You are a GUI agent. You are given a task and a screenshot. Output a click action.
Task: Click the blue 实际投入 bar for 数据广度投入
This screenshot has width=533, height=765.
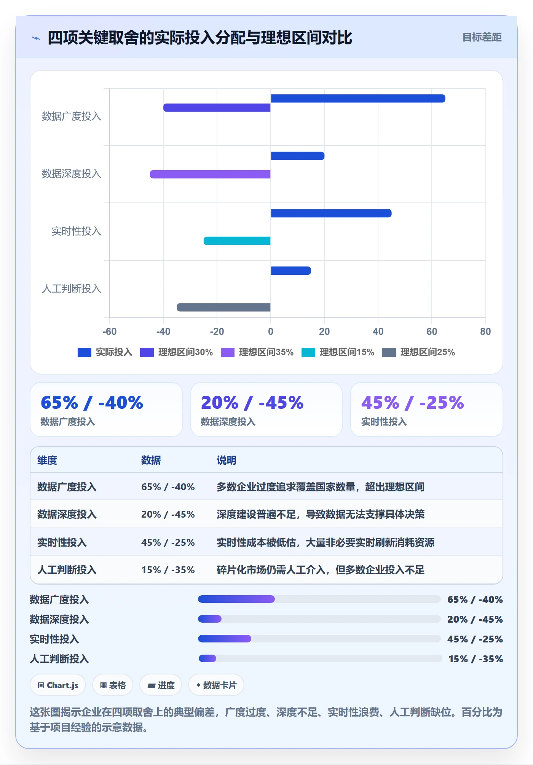tap(358, 99)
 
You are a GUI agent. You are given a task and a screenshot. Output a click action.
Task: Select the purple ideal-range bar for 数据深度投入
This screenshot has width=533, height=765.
tap(210, 174)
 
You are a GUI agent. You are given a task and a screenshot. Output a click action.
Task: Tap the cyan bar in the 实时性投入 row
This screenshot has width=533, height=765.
tap(237, 241)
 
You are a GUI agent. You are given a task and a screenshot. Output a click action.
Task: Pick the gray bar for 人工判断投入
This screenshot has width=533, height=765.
tap(223, 307)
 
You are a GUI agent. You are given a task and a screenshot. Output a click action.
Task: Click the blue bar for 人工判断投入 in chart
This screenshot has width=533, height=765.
tap(291, 271)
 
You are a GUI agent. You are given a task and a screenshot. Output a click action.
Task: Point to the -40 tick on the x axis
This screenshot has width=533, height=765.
tap(163, 331)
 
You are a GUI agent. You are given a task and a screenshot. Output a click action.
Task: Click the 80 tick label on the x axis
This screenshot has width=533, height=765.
tap(485, 331)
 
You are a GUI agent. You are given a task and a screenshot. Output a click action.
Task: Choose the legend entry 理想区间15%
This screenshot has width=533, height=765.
tap(338, 352)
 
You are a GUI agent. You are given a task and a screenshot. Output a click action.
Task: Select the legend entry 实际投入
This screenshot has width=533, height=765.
tap(105, 352)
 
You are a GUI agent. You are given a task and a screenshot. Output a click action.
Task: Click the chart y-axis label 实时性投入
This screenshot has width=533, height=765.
tap(76, 231)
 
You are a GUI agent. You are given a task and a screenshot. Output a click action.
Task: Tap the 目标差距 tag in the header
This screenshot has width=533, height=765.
tap(482, 37)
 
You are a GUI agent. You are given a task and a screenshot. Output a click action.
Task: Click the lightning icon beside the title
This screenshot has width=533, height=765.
tap(36, 38)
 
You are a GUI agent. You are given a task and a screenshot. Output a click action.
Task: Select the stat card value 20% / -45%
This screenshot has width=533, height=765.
tap(252, 403)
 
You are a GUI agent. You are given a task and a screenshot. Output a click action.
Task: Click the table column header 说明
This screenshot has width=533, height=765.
tap(227, 460)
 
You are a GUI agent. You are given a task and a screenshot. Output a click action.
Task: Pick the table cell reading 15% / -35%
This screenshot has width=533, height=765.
tap(168, 570)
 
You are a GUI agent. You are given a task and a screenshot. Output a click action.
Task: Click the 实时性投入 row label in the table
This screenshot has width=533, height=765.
tap(62, 542)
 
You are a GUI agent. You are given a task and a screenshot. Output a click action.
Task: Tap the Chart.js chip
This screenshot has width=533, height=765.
tap(58, 685)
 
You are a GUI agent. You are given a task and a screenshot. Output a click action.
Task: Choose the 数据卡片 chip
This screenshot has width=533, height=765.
tap(216, 685)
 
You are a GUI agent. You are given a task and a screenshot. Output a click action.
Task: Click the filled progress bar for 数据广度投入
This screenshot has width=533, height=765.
tap(236, 599)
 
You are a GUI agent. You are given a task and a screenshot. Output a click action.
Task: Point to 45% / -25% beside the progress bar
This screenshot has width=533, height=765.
tap(475, 639)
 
